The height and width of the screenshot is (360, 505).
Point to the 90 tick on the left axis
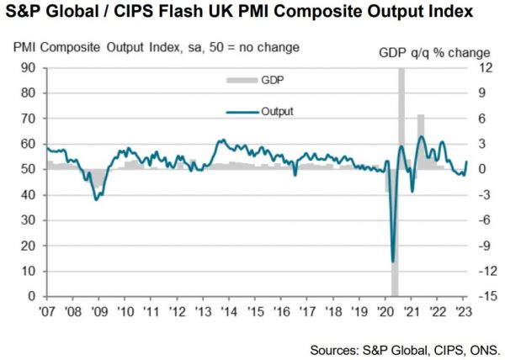point(27,68)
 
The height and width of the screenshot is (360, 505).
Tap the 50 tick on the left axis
point(27,170)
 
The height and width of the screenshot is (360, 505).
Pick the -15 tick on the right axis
point(483,297)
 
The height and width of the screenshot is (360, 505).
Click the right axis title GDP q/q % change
point(433,52)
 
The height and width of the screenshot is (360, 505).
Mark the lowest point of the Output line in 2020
point(393,261)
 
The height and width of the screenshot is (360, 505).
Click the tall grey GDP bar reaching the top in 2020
point(401,109)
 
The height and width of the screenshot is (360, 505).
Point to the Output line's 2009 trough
point(98,199)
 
